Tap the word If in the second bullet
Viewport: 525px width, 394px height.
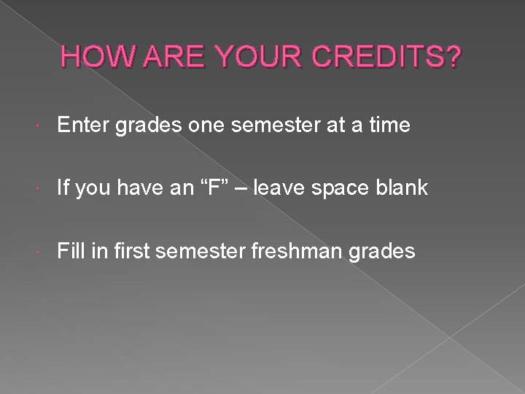[x=63, y=189]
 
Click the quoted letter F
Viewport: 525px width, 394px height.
[x=219, y=189]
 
